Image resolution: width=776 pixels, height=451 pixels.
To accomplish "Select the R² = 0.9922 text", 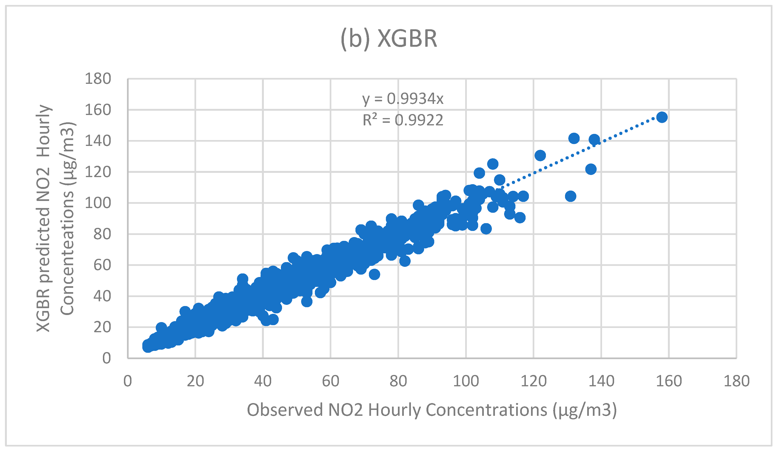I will click(x=403, y=120).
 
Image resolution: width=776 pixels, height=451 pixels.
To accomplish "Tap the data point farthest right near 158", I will click(x=662, y=117).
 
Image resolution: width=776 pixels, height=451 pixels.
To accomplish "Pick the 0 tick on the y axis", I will click(x=106, y=358).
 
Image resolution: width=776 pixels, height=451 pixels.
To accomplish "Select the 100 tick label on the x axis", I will click(x=466, y=381).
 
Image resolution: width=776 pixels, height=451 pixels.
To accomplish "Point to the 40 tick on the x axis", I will click(x=263, y=381).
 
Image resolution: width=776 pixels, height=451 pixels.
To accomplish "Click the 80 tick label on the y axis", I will click(x=102, y=234).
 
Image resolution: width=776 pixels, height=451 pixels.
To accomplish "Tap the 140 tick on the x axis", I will click(x=601, y=381).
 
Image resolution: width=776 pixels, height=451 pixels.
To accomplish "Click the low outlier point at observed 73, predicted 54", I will click(x=374, y=274).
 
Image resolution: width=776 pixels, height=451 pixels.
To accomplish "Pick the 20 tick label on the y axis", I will click(x=102, y=327).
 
